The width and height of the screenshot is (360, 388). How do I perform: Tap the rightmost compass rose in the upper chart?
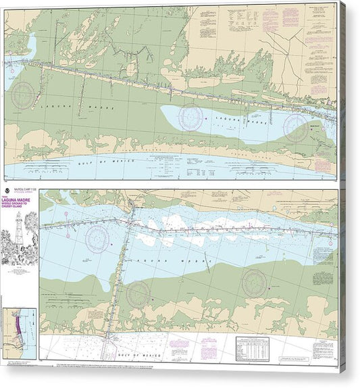296,126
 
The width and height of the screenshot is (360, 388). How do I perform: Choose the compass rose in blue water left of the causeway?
97,238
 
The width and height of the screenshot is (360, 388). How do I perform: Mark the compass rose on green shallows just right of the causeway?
138,293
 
